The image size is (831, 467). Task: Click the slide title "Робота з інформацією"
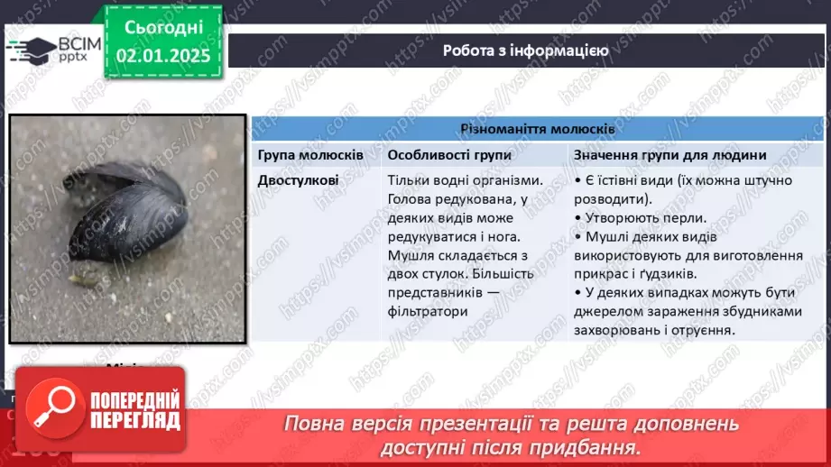coord(525,50)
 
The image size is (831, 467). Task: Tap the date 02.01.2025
coord(162,56)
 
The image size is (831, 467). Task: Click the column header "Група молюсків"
coord(310,155)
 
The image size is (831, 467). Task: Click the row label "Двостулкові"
coord(298,179)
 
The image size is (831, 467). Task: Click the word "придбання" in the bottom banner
coord(595,446)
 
